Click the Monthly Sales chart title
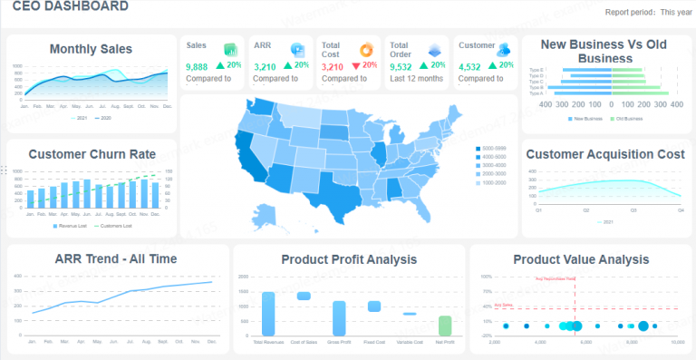coord(91,49)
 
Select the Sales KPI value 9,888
coord(197,66)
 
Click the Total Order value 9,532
coord(401,66)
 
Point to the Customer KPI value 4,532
coord(469,66)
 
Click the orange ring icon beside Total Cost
coord(365,49)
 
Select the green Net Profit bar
coord(444,325)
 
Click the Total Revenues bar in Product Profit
coord(268,314)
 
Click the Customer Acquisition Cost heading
coord(604,154)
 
